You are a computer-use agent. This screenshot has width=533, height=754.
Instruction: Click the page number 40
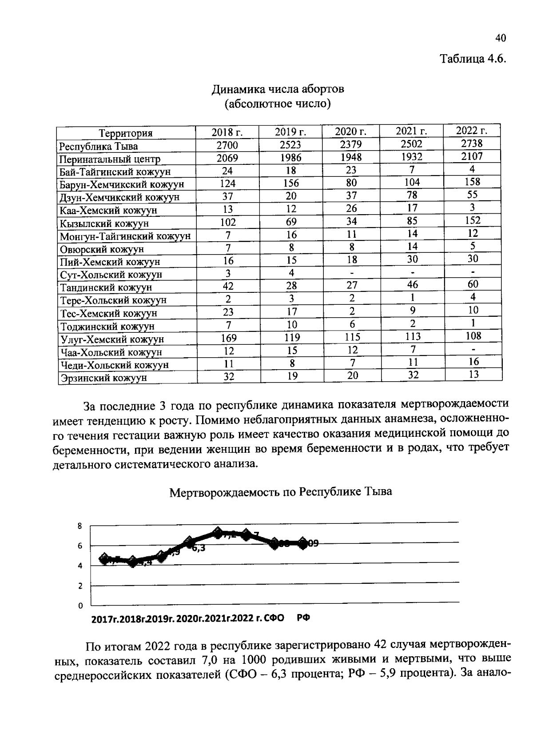(x=501, y=38)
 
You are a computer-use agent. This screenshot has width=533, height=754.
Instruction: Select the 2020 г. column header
(x=350, y=131)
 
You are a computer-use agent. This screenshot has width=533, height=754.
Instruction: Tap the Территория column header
(x=126, y=133)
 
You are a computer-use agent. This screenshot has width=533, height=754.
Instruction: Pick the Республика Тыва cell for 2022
(x=472, y=143)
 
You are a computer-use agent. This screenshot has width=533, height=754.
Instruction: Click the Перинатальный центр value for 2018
(x=227, y=158)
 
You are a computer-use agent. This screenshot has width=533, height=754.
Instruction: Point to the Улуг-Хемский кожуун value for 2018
(x=228, y=338)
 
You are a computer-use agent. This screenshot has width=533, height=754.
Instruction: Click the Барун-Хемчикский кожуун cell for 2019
(x=291, y=183)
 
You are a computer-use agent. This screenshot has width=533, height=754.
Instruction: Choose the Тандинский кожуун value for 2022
(x=473, y=284)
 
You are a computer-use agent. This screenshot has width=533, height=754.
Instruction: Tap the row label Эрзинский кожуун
(x=103, y=378)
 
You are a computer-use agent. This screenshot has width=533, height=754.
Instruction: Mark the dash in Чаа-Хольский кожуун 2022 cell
(x=473, y=350)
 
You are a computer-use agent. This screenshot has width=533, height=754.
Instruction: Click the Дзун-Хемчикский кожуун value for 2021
(x=412, y=195)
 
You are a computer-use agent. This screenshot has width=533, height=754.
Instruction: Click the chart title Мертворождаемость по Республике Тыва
(x=281, y=492)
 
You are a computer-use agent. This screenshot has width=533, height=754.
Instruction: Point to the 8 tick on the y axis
(x=80, y=526)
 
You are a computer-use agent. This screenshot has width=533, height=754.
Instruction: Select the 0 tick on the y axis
(x=80, y=606)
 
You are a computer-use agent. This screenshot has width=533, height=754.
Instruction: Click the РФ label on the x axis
(x=303, y=618)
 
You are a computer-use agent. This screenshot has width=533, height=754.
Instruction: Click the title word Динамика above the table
(x=239, y=89)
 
